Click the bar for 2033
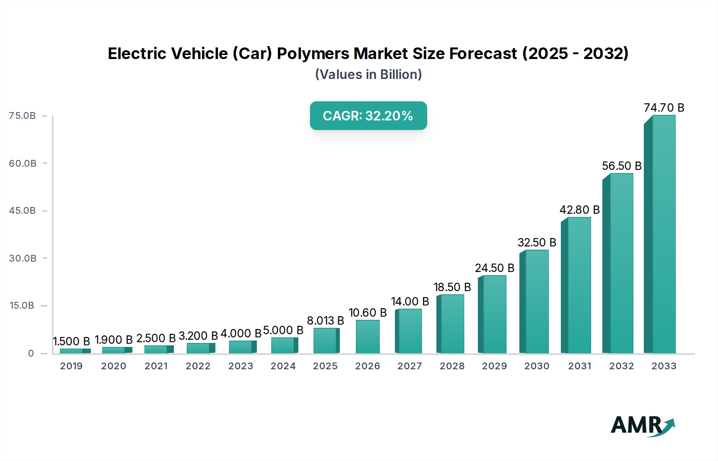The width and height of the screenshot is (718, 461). click(x=660, y=235)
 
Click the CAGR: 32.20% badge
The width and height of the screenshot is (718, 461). click(x=368, y=116)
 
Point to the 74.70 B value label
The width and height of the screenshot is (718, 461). click(x=664, y=108)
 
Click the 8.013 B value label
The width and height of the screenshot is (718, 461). click(x=325, y=321)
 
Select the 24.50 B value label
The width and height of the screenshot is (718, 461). click(x=494, y=268)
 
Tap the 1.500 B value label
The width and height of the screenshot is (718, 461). click(x=71, y=341)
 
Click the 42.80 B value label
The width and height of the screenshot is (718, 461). click(x=579, y=210)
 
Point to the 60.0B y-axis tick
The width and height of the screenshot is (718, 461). click(x=23, y=163)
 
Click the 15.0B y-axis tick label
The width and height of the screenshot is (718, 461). click(x=22, y=305)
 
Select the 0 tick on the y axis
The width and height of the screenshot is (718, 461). click(x=31, y=353)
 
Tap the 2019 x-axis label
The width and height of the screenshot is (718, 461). click(x=71, y=366)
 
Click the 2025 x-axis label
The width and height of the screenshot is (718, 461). click(x=325, y=366)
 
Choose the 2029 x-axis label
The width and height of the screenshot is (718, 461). click(x=494, y=366)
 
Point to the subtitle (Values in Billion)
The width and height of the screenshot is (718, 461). click(x=368, y=75)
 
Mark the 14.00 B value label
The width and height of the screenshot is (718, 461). click(x=410, y=301)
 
